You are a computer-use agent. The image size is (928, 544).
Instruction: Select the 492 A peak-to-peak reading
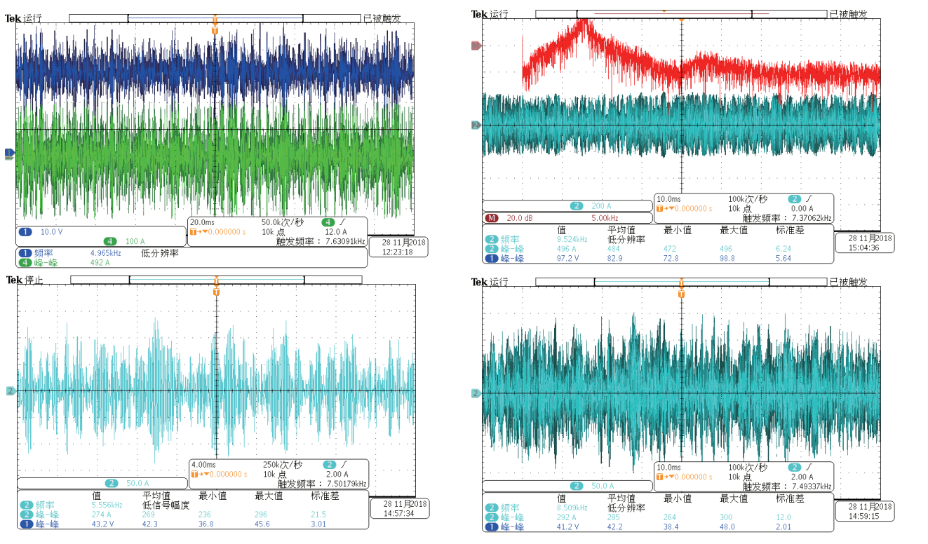click(100, 262)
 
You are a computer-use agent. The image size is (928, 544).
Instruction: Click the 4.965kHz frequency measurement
click(106, 252)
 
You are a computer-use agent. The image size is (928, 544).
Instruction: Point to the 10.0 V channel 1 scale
click(51, 231)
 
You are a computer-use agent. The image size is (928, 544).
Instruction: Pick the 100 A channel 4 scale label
click(135, 241)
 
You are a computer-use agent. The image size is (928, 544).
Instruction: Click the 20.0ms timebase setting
click(203, 222)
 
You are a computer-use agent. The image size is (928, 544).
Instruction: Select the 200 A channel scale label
click(601, 206)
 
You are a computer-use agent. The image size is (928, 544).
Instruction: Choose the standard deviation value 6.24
click(784, 248)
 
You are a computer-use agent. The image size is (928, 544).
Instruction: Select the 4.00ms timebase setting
click(203, 464)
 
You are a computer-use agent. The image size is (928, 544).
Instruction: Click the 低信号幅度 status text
click(165, 504)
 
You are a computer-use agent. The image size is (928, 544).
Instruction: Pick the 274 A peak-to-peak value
click(102, 514)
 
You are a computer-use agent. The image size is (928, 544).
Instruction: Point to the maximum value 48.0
click(730, 526)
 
